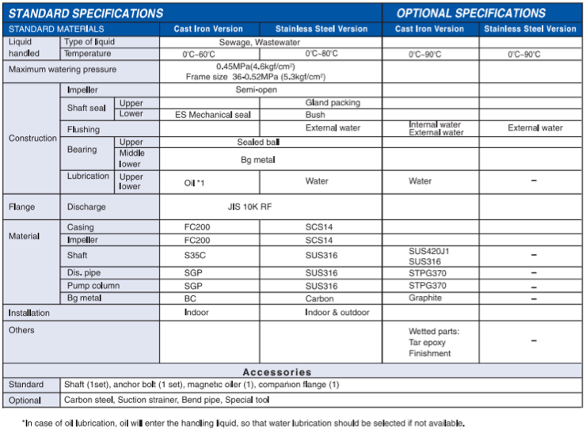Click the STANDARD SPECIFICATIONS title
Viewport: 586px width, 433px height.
[x=86, y=13]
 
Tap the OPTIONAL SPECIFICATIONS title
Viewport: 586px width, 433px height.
[x=471, y=13]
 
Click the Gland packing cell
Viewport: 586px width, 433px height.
[x=333, y=103]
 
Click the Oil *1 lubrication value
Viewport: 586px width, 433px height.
[x=195, y=182]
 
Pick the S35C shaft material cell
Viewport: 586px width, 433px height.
[x=195, y=256]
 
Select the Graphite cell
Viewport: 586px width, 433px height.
[x=425, y=298]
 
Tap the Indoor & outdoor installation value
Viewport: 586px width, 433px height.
[x=337, y=313]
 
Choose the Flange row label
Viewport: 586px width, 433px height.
[x=22, y=208]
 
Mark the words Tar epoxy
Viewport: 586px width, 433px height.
[x=427, y=343]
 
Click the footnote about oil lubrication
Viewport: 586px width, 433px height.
[x=243, y=423]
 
